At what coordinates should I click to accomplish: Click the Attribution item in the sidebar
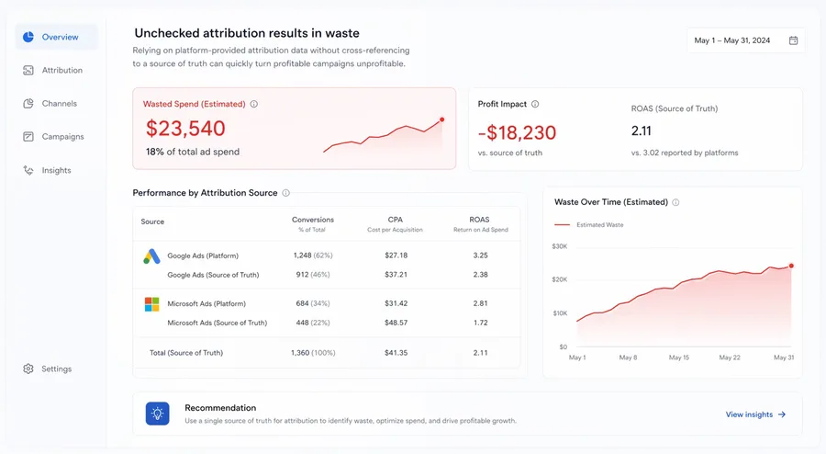click(61, 71)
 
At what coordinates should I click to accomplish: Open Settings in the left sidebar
click(56, 369)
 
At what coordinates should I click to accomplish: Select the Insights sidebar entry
click(56, 170)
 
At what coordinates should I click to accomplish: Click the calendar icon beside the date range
click(793, 40)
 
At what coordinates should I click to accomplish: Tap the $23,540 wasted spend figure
click(184, 129)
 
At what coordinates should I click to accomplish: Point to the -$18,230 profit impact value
click(517, 131)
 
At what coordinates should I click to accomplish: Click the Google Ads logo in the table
click(151, 256)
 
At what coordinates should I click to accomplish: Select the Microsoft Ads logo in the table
click(151, 304)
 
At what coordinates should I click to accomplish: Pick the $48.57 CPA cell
click(396, 323)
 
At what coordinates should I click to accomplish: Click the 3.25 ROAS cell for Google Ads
click(479, 255)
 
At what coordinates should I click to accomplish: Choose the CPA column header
click(396, 221)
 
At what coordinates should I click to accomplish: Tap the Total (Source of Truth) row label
click(186, 352)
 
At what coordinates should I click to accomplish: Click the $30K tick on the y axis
click(559, 246)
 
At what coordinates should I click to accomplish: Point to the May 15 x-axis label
click(678, 358)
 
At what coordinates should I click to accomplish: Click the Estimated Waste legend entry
click(599, 224)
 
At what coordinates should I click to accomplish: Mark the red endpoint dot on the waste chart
click(791, 266)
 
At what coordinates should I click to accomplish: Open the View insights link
click(755, 414)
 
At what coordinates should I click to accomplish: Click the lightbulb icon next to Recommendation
click(157, 414)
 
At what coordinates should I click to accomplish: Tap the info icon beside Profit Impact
click(535, 105)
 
